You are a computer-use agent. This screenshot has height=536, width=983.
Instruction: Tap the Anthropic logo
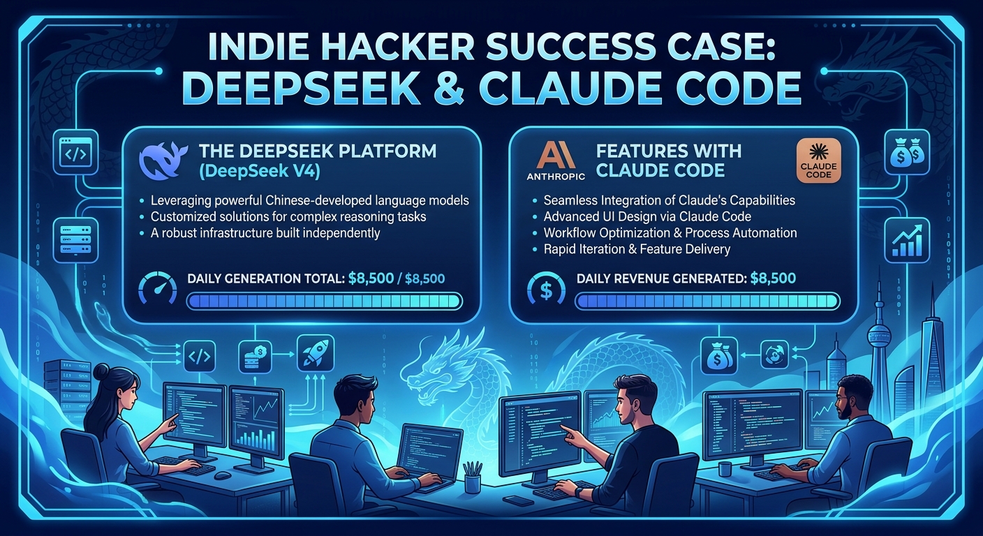point(556,161)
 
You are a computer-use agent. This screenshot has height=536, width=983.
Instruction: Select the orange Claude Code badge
point(818,161)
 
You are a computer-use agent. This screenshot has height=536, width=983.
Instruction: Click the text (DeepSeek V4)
point(259,171)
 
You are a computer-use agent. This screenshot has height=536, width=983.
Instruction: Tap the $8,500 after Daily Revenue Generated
point(773,278)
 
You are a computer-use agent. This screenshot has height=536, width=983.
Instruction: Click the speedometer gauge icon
point(157,288)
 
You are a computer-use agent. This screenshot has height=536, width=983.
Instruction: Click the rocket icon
point(316,354)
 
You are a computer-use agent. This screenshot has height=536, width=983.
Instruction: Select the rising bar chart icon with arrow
point(907,240)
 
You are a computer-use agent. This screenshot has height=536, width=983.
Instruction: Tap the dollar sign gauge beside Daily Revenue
point(546,288)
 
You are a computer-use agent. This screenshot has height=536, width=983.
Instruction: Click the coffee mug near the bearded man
point(724,469)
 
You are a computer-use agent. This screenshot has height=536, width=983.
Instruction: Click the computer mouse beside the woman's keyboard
point(223,475)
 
